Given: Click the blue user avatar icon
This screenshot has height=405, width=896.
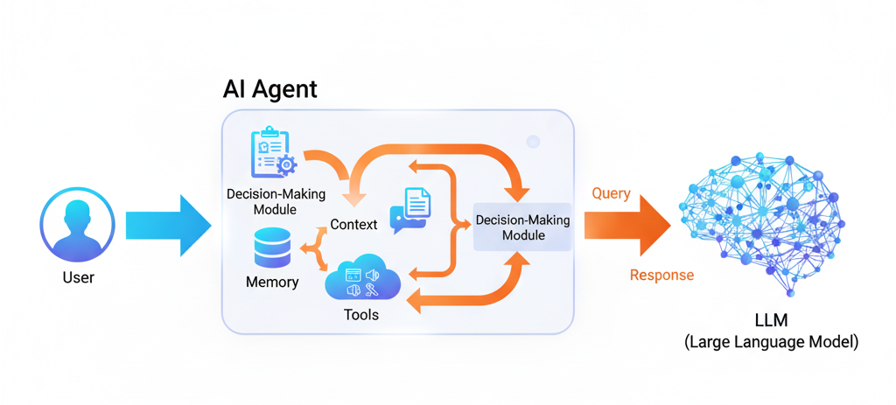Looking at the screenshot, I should [x=78, y=224].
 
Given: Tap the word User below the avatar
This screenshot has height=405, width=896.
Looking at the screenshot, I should [x=78, y=278].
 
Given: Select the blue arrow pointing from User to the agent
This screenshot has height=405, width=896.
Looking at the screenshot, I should [x=168, y=225].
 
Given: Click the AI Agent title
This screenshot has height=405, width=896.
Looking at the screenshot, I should [x=270, y=88].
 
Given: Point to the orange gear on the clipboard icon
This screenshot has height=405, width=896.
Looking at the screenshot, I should [x=285, y=164].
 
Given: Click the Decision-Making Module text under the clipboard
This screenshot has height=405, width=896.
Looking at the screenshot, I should [x=274, y=201].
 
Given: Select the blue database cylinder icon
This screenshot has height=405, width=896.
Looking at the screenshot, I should [x=272, y=248].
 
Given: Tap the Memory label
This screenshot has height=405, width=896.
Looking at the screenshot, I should [x=272, y=283].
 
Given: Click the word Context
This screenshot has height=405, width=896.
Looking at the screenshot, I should [x=353, y=225].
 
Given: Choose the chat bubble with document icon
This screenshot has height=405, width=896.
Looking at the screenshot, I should [x=409, y=210].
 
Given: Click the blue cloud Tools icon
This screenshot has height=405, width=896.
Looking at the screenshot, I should [x=362, y=282].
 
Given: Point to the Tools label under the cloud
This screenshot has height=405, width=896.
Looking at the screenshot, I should [x=361, y=314].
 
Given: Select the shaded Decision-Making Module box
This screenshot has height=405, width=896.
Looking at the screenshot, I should [x=522, y=227].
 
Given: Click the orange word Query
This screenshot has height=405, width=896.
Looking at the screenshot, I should [x=611, y=194].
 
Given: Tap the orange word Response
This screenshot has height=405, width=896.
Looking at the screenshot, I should [x=661, y=276].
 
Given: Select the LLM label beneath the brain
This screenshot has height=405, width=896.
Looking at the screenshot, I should [x=770, y=321].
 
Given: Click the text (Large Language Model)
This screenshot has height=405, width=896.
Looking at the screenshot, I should [x=770, y=342].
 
